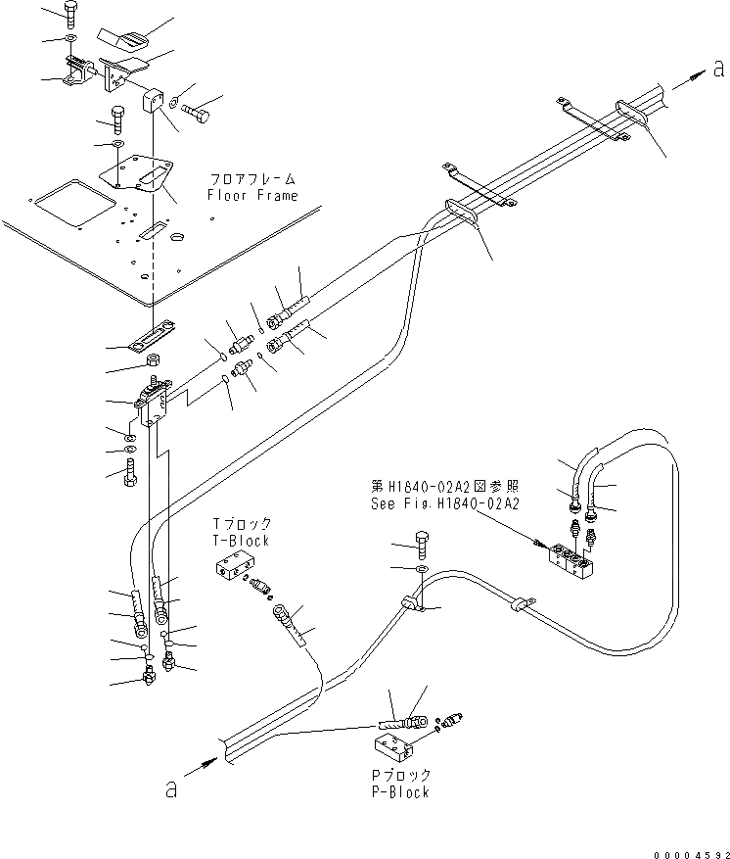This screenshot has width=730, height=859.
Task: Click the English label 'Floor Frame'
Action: click(x=251, y=196)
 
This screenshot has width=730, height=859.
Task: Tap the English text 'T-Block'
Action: click(x=241, y=541)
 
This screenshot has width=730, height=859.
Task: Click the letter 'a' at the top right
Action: click(x=718, y=69)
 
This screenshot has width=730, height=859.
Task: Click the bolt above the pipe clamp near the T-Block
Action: click(x=421, y=543)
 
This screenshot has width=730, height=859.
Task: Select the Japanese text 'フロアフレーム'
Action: click(x=251, y=180)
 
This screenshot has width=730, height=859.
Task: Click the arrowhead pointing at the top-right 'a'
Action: click(x=695, y=74)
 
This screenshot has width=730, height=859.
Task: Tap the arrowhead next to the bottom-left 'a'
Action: click(x=207, y=761)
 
